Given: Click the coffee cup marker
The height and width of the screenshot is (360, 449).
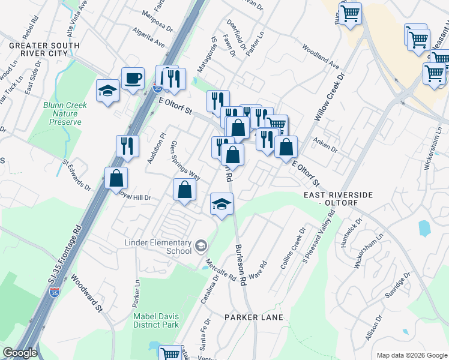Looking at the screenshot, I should point(133,77).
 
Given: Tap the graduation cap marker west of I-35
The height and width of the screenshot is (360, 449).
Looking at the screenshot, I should point(107,91).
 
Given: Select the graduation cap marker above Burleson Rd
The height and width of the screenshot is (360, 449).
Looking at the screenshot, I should point(221,204).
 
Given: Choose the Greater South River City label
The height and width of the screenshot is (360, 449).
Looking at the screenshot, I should point(44,50).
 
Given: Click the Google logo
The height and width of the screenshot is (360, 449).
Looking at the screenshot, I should point(20,353).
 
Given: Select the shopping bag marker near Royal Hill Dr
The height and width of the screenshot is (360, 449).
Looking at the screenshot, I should point(116,178).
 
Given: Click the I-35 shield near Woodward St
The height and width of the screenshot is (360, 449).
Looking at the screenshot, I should point(55,292).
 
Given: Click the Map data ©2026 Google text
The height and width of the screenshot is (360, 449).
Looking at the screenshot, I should point(411,355).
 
